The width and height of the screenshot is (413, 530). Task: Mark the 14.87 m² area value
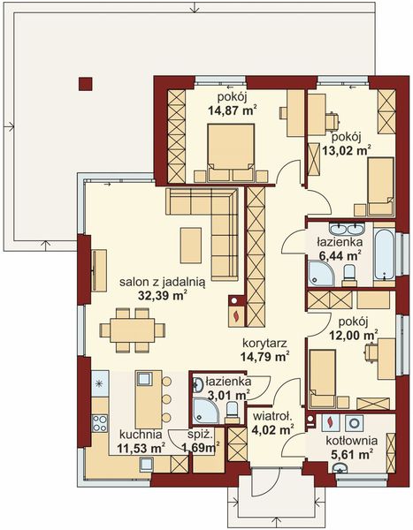click(232, 111)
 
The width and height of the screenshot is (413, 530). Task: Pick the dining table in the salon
click(137, 331)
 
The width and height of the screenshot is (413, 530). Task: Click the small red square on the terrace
click(85, 84)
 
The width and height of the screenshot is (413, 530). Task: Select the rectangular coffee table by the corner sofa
click(191, 239)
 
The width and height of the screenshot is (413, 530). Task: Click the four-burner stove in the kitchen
click(99, 413)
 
